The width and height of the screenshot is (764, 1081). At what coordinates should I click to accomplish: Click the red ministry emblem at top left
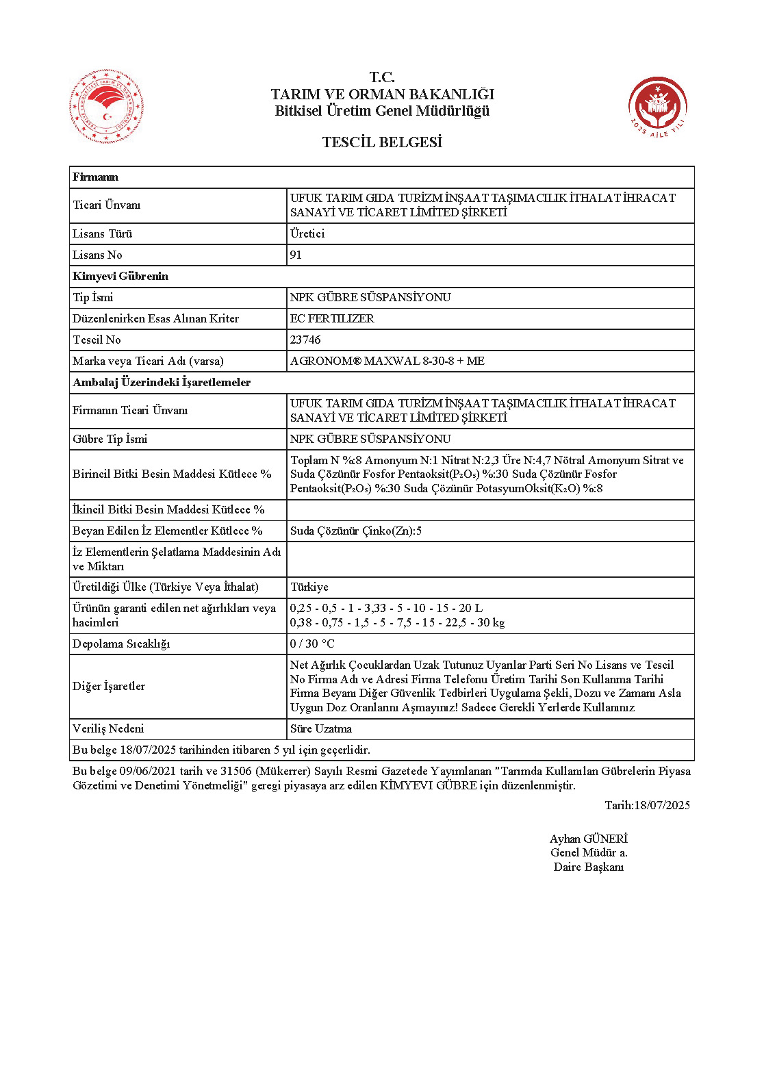106,107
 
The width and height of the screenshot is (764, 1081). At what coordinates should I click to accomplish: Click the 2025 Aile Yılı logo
657,106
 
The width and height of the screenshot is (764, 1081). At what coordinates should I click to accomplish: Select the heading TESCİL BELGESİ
382,142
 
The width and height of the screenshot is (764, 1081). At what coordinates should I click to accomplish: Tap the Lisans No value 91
296,255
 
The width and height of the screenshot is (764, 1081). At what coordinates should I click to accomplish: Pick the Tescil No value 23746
305,340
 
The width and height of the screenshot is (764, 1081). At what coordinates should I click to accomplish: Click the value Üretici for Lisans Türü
307,233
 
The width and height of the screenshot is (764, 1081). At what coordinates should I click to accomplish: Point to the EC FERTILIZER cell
332,318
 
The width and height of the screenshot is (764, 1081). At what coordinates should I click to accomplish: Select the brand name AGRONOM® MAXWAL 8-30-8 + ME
387,361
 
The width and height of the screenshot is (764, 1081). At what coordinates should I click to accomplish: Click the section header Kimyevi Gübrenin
120,276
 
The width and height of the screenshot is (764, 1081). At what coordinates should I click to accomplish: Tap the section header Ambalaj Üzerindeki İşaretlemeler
162,382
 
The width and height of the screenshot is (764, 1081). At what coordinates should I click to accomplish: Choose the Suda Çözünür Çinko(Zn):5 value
356,531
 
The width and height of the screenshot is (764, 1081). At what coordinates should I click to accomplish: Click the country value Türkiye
309,587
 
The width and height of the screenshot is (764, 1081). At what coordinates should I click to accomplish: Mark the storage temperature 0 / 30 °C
312,644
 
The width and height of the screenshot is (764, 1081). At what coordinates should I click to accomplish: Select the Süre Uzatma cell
321,728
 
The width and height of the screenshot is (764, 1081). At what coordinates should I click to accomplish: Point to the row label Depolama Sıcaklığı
121,644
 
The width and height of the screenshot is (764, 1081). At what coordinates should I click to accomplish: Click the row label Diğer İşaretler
109,686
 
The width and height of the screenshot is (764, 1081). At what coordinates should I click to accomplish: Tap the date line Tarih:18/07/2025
647,805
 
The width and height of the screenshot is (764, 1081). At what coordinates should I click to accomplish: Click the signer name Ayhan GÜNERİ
588,839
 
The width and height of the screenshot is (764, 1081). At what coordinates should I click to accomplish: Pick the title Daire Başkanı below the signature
588,867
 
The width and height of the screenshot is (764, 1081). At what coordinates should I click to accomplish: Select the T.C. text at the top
382,77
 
